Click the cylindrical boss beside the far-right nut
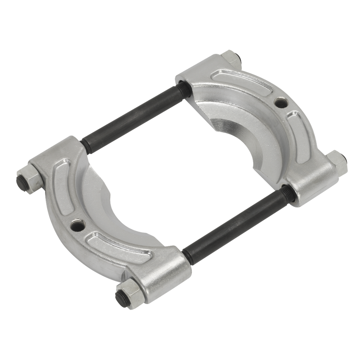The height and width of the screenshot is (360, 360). click(309, 183)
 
